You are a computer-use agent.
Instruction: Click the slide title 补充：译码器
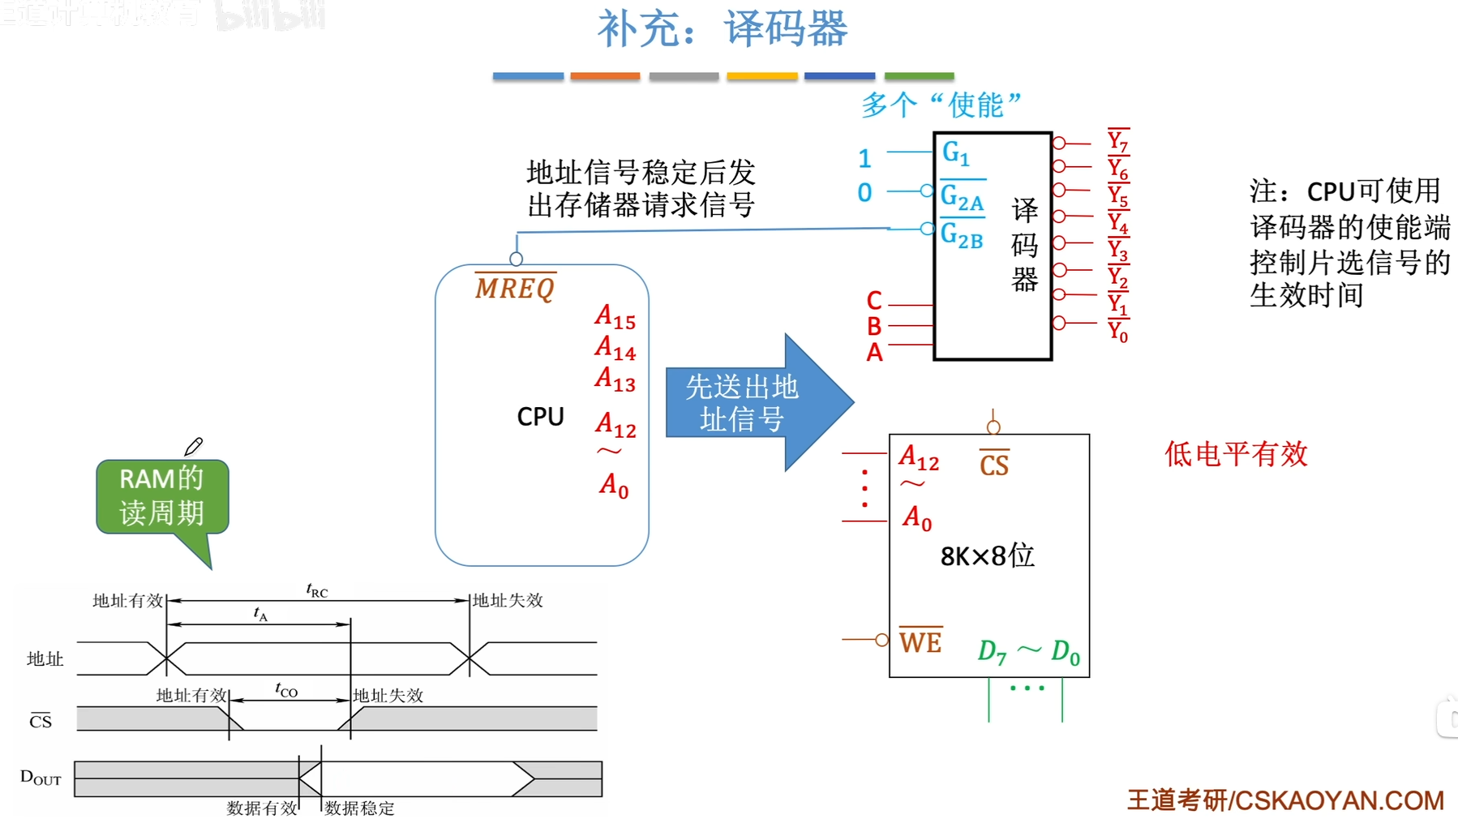[722, 29]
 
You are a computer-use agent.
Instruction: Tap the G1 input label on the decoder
[955, 152]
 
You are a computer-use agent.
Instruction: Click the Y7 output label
[1117, 141]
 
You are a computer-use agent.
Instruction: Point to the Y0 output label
[1117, 331]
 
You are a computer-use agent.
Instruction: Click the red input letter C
[873, 301]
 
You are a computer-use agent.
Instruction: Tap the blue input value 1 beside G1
[864, 158]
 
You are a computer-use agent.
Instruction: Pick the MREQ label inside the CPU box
[515, 288]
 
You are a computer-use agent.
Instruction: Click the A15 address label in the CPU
[615, 317]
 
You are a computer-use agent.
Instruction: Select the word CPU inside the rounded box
[540, 417]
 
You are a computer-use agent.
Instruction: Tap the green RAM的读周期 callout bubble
[162, 496]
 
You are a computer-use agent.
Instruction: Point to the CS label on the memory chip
[994, 465]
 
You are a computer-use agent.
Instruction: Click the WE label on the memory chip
[920, 642]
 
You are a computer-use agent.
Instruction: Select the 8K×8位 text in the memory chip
[987, 556]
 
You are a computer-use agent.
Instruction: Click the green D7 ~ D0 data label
[1028, 651]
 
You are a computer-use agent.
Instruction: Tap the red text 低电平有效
[1236, 454]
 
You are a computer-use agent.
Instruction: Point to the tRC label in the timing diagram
[317, 590]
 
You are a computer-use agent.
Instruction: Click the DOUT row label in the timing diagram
[41, 778]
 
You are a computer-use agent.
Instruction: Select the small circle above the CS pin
[993, 427]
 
